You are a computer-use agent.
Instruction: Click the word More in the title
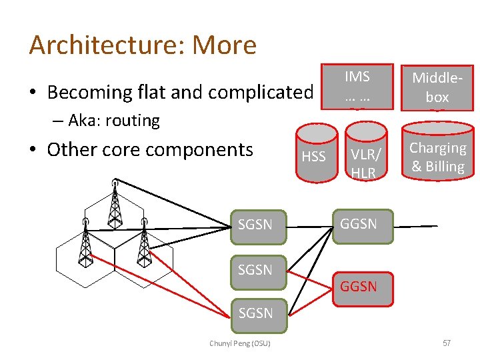(x=224, y=45)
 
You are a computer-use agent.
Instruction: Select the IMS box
(x=357, y=87)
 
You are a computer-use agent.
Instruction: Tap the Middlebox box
(x=437, y=87)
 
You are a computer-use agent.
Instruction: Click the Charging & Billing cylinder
(x=437, y=157)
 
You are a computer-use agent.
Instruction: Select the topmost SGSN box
(x=255, y=225)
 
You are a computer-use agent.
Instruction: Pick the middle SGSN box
(x=255, y=270)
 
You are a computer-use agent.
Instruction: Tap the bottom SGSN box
(x=255, y=313)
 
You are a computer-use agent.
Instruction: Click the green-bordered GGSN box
(x=359, y=224)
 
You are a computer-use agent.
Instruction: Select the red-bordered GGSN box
(x=359, y=287)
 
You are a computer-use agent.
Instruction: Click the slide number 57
(x=446, y=343)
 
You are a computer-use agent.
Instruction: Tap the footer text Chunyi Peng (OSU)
(x=240, y=343)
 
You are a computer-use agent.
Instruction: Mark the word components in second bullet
(x=208, y=149)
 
